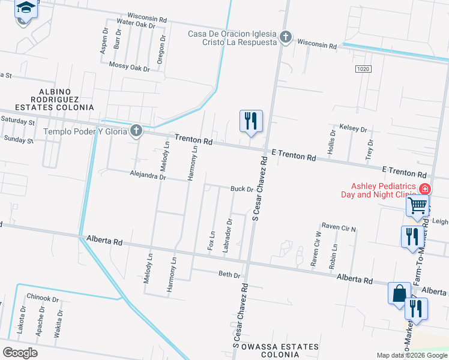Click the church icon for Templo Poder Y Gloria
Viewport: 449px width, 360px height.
[x=137, y=130]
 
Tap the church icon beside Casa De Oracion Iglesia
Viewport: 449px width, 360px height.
[x=286, y=37]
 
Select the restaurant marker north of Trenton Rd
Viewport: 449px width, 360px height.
[x=250, y=121]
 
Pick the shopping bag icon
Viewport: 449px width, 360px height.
[x=399, y=294]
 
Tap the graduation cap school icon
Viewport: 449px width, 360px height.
[x=26, y=8]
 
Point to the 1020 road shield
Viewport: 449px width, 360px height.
[x=363, y=69]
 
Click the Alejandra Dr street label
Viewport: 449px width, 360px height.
[x=147, y=176]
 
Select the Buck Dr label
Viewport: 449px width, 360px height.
[x=242, y=189]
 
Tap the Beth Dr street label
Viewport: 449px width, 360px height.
[x=229, y=274]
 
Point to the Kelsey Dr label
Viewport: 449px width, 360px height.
[x=353, y=128]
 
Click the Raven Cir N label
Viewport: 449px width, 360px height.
[x=339, y=227]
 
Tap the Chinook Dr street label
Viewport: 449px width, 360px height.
[x=43, y=298]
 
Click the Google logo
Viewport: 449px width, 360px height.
[x=20, y=353]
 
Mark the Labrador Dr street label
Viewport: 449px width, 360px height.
[x=228, y=239]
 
